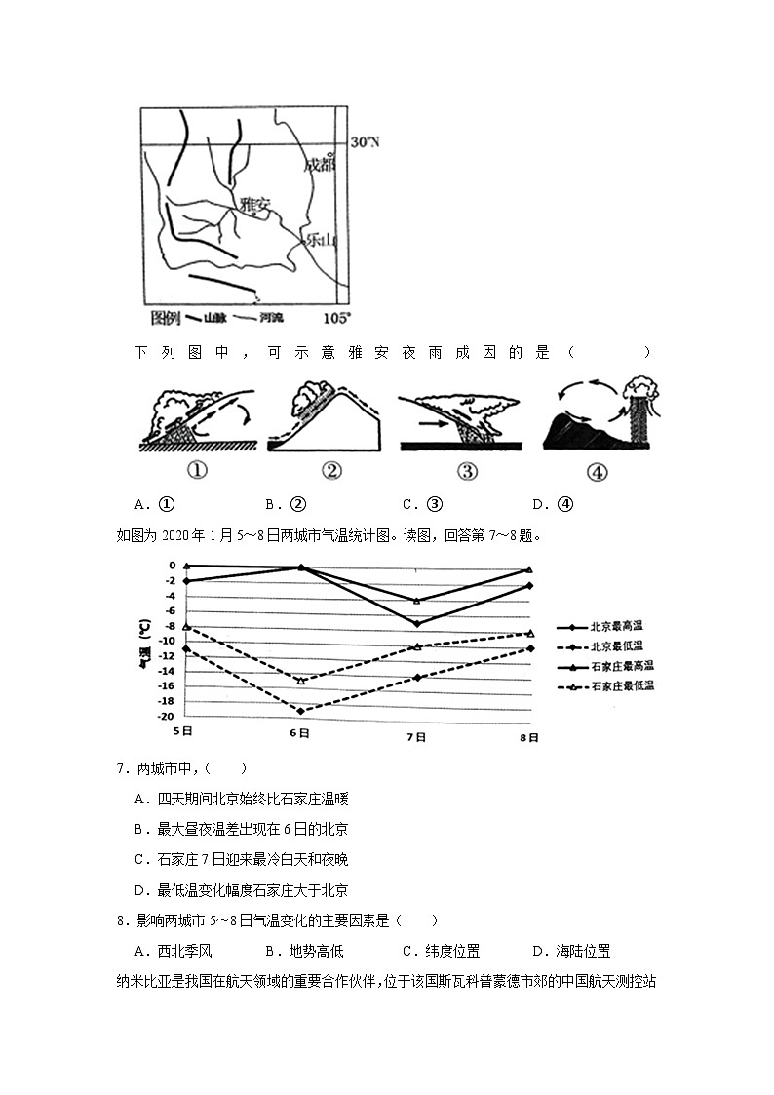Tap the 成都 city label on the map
click(319, 165)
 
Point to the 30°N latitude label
click(365, 142)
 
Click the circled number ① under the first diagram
click(197, 472)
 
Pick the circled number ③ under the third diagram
click(468, 472)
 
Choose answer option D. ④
click(553, 505)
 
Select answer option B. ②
click(286, 505)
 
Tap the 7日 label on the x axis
click(416, 738)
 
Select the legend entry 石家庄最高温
click(622, 666)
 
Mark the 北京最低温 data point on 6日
click(300, 711)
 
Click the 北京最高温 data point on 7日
click(417, 623)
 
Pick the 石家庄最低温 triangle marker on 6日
click(300, 681)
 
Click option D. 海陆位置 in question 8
click(571, 952)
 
